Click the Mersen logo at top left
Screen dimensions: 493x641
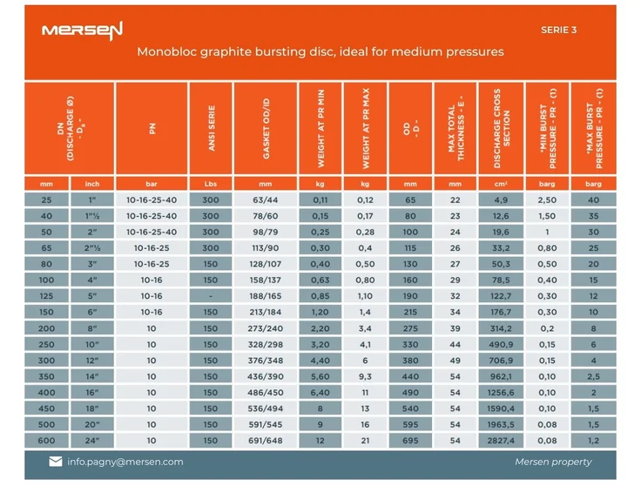tap(83, 30)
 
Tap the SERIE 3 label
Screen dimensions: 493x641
tap(558, 30)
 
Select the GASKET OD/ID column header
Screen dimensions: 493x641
tap(266, 131)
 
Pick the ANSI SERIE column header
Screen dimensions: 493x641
tap(211, 131)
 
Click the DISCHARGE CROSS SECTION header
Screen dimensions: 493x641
tap(501, 131)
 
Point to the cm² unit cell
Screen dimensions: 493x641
tap(501, 184)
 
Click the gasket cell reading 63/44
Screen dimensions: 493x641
tap(266, 199)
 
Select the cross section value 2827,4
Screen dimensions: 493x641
tap(501, 440)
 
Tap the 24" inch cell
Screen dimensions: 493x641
tap(91, 440)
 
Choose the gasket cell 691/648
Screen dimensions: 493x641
tap(266, 440)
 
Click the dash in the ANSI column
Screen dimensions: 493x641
tap(211, 296)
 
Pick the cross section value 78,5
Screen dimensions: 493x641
tap(501, 280)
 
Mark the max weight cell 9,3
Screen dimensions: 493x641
tap(365, 376)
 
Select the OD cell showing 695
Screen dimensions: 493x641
tap(410, 440)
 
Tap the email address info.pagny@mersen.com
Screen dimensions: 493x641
tap(125, 462)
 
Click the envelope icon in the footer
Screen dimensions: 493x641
tap(56, 462)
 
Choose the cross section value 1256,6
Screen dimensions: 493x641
tap(501, 392)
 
